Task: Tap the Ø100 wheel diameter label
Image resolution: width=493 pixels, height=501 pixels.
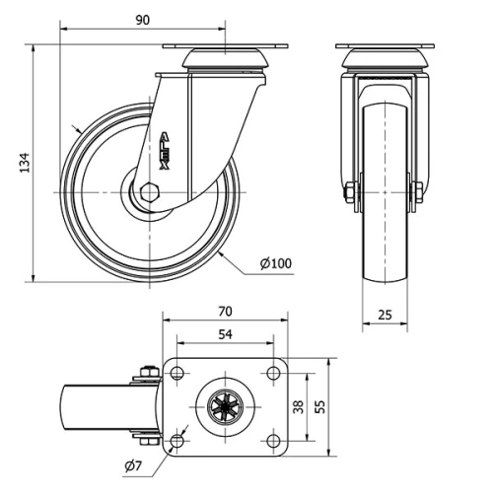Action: (276, 263)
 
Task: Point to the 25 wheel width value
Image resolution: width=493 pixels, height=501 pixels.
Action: (385, 315)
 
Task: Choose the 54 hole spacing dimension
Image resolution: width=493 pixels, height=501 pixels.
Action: (225, 335)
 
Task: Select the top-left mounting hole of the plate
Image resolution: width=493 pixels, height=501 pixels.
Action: (178, 372)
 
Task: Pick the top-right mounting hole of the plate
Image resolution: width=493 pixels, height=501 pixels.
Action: (270, 372)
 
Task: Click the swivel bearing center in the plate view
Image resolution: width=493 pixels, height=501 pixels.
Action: (225, 405)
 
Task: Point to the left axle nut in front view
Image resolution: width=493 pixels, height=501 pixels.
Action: (350, 193)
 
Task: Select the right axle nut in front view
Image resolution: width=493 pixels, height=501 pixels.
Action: (418, 193)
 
